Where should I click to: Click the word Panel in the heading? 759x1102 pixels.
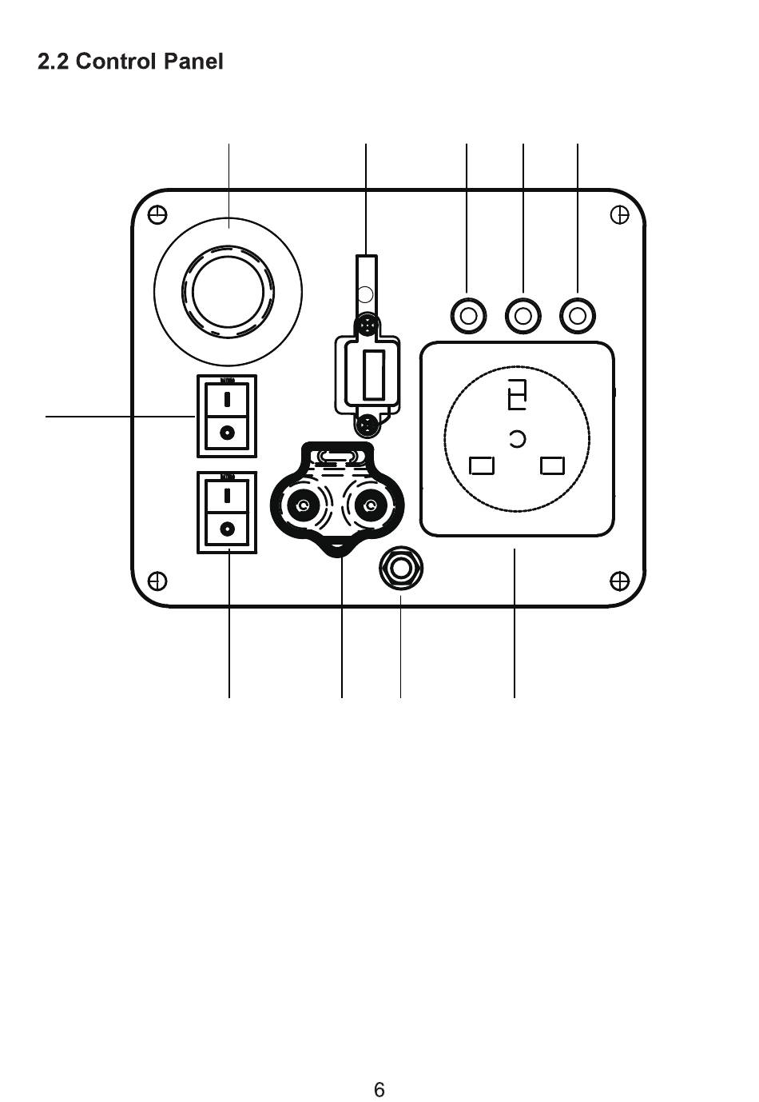tap(193, 62)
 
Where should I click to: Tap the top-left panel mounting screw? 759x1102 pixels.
tap(158, 215)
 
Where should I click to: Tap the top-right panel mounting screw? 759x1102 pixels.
tap(619, 215)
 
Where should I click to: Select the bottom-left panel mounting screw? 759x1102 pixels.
tap(158, 580)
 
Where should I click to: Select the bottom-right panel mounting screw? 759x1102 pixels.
tap(619, 580)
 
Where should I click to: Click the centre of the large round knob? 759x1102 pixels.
tap(228, 292)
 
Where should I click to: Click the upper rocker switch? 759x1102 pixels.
tap(228, 416)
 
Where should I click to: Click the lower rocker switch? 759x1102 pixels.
tap(228, 512)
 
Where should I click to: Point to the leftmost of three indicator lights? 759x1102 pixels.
tap(468, 316)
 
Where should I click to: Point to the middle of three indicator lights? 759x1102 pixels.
tap(523, 316)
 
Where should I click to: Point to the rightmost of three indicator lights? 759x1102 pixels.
tap(578, 316)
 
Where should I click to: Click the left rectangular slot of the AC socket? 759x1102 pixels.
tap(482, 465)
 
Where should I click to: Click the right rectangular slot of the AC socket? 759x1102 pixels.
tap(553, 465)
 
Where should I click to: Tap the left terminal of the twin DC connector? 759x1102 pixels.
tap(303, 505)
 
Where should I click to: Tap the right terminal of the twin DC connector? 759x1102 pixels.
tap(369, 505)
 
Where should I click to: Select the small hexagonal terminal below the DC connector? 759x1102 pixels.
tap(400, 569)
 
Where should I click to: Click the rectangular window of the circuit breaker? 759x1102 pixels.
tap(373, 373)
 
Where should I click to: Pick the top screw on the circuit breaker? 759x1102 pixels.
tap(367, 325)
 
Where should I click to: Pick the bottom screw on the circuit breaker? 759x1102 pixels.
tap(368, 421)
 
